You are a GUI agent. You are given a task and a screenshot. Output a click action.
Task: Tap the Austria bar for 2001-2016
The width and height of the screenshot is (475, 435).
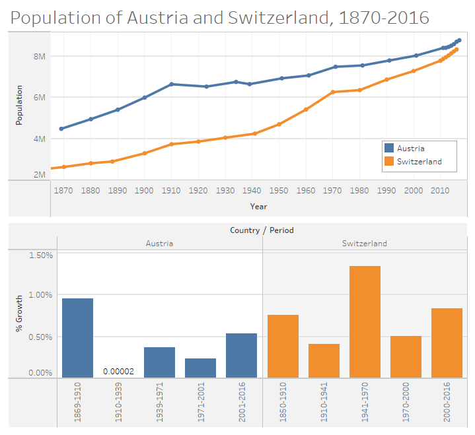point(241,355)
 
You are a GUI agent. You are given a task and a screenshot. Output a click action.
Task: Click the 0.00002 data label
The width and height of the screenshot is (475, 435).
point(118,371)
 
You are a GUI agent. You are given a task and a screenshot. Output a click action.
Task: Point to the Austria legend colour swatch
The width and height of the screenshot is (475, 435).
point(389,149)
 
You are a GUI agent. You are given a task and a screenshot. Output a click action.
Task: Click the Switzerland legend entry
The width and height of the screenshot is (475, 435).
point(420,161)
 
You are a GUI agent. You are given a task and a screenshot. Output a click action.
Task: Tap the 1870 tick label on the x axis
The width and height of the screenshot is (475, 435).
point(63,191)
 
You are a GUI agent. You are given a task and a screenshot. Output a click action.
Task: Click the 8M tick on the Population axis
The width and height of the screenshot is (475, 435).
point(39,57)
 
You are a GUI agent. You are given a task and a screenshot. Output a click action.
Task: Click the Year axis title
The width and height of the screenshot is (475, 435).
point(258,206)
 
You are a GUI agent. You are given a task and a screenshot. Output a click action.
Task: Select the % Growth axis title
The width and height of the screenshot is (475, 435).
point(19,313)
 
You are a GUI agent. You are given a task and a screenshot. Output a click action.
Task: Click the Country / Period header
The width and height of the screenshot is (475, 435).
point(262,230)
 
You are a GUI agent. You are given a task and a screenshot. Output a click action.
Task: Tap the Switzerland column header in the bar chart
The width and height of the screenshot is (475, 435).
point(365,243)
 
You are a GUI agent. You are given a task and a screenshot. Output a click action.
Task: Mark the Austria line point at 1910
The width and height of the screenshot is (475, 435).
point(171,84)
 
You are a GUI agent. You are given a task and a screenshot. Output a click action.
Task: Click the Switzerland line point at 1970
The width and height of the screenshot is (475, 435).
point(333,92)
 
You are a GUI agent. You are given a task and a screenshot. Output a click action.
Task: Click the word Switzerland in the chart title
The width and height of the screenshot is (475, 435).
point(277,18)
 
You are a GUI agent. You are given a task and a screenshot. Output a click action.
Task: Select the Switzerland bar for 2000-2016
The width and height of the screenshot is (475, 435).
point(447,343)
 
